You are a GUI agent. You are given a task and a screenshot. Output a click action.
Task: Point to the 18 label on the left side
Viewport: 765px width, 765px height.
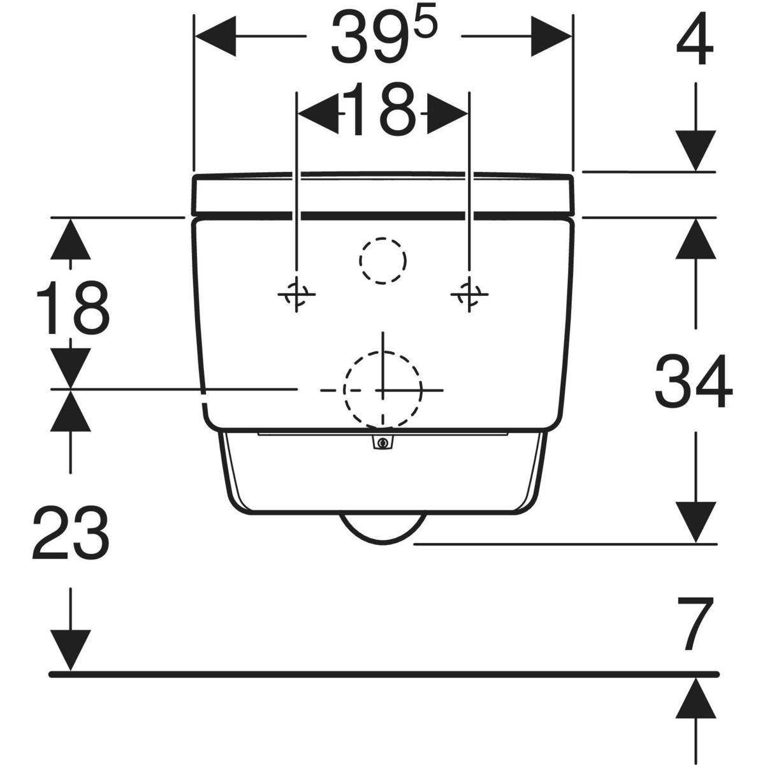coord(73,308)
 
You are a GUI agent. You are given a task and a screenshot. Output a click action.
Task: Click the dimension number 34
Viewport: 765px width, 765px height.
coord(694,381)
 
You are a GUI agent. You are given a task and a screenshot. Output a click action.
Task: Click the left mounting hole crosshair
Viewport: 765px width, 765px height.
coord(296,294)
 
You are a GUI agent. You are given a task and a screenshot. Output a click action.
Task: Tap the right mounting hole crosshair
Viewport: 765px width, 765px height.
coord(469,294)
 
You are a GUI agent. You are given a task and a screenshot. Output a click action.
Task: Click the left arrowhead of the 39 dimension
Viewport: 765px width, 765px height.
coord(215,36)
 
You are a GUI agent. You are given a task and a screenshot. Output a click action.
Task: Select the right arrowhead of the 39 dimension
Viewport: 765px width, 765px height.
coord(551,36)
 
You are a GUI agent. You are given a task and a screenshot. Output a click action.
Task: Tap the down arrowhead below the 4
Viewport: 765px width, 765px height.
coord(696,151)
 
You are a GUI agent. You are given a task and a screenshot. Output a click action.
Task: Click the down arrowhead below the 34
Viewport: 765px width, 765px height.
coord(696,523)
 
